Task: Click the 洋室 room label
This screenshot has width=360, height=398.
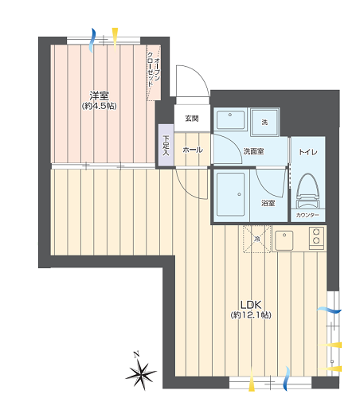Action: (x=99, y=96)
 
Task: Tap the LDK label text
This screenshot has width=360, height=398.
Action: (x=251, y=305)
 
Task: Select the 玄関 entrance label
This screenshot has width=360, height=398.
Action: (x=192, y=119)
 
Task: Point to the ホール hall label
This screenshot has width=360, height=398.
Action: (x=193, y=150)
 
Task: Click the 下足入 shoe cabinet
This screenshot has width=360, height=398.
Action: (x=166, y=145)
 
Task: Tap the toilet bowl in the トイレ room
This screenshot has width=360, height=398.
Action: (x=308, y=190)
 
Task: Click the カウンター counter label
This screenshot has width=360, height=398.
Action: (x=307, y=215)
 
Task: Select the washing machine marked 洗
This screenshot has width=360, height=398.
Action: (x=265, y=122)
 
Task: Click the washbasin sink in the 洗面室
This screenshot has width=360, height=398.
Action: (x=230, y=120)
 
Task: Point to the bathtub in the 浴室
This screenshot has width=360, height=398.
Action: (x=230, y=194)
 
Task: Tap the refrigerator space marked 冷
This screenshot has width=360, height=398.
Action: (x=257, y=239)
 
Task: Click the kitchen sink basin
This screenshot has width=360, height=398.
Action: (x=284, y=240)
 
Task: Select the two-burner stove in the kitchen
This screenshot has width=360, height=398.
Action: (x=316, y=238)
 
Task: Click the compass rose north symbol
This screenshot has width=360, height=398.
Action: (x=140, y=372)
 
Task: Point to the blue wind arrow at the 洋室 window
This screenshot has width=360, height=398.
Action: (x=92, y=40)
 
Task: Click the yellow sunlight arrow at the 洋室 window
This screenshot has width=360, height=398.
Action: (x=115, y=39)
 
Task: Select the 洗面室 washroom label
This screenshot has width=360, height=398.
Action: (x=253, y=151)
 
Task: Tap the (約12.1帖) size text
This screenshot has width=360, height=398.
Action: (x=251, y=315)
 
